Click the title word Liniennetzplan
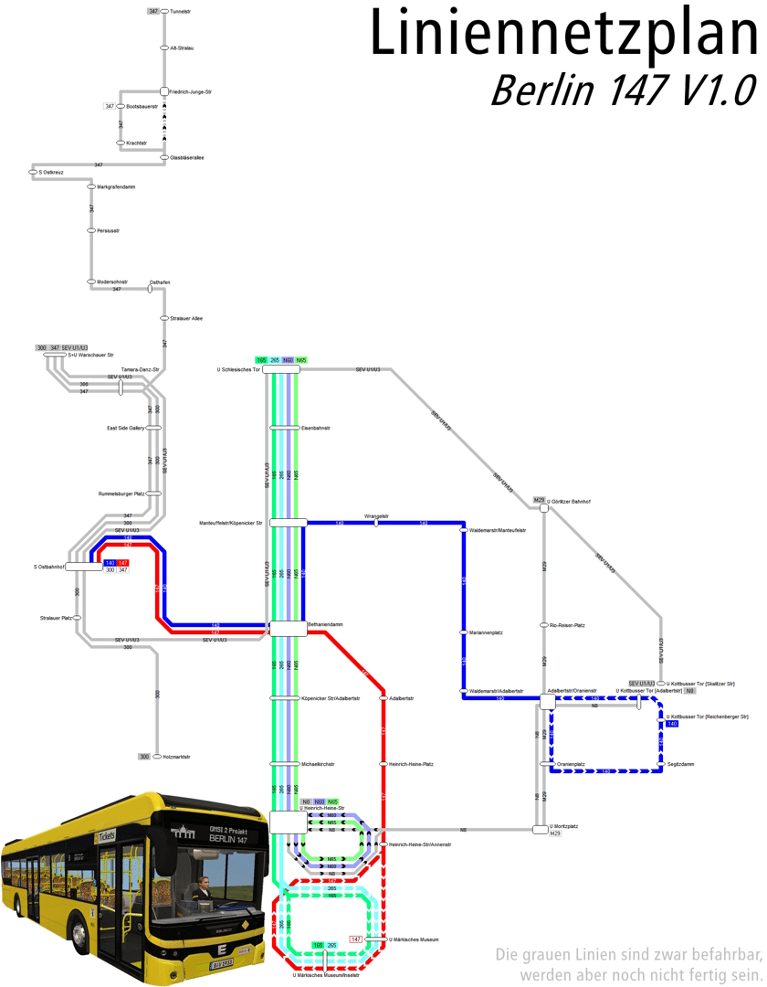point(563,34)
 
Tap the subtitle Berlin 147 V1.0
point(623,90)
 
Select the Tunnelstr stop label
point(181,11)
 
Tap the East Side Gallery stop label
point(124,428)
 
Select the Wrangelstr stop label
point(376,515)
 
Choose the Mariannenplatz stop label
point(486,632)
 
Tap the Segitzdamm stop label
point(681,764)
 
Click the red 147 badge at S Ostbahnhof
point(123,562)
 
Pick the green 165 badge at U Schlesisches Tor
point(261,361)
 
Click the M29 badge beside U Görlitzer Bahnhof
point(539,500)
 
